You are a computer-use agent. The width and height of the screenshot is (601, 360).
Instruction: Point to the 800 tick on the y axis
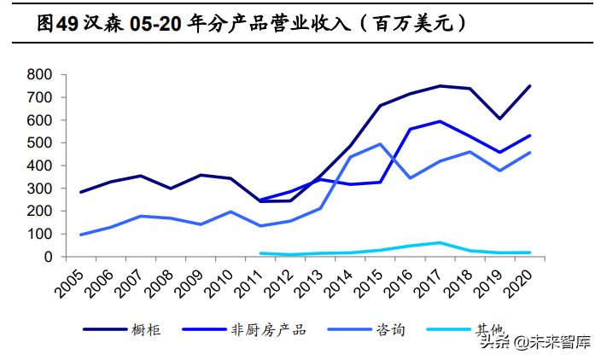41,75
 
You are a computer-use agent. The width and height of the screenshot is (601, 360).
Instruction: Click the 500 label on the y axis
41,143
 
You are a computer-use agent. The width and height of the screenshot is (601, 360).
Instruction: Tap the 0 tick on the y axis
50,257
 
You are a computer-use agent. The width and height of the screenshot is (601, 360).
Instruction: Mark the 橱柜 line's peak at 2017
440,86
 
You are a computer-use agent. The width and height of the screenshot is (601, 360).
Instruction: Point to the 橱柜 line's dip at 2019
499,119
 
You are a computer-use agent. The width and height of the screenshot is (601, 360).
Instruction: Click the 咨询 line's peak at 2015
379,144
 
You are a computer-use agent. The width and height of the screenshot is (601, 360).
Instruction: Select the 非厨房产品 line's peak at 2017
440,121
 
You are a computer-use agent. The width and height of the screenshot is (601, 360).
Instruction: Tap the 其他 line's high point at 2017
440,242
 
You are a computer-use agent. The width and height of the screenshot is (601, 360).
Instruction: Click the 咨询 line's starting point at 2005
80,235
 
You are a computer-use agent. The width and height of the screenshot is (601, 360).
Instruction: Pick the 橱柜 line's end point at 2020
529,86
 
